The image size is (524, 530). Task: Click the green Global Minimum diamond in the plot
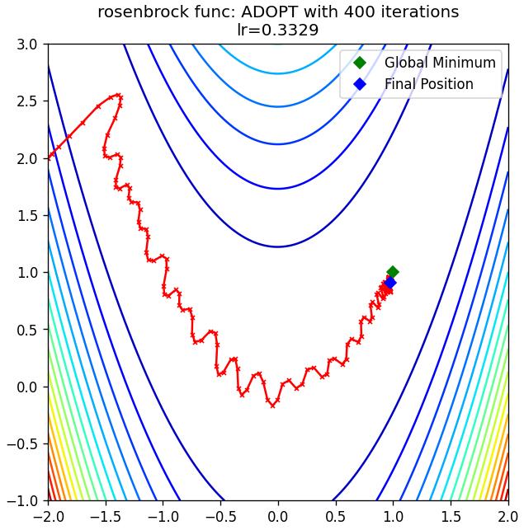pos(393,272)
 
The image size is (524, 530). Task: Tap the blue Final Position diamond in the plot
pos(390,283)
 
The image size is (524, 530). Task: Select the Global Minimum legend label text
pos(440,63)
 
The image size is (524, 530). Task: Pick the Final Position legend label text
pos(429,84)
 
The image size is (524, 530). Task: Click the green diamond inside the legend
pos(360,63)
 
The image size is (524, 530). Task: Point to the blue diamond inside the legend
pos(360,84)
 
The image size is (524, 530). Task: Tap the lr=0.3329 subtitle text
pos(278,30)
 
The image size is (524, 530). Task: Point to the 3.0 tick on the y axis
pos(27,45)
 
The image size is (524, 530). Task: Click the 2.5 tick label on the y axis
pos(27,101)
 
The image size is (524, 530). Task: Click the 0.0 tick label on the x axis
pos(278,517)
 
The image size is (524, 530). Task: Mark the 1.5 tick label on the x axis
pos(451,517)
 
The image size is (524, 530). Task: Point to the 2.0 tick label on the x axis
pos(507,517)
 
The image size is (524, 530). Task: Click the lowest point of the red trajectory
pos(273,406)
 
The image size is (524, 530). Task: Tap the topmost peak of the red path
pos(118,95)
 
